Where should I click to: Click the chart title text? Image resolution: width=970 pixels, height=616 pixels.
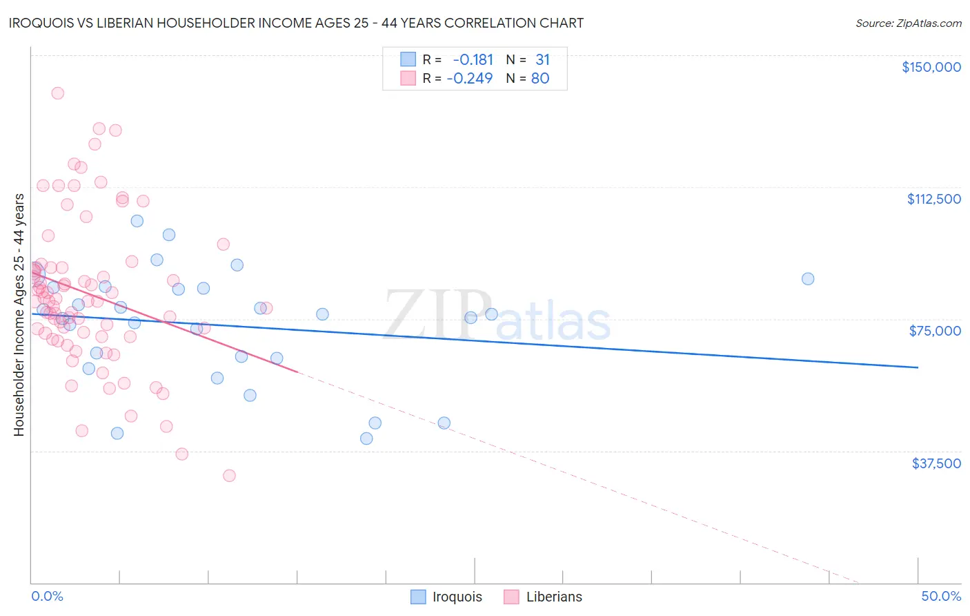pyautogui.click(x=296, y=23)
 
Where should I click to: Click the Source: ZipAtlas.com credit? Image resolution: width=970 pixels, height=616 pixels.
pyautogui.click(x=908, y=23)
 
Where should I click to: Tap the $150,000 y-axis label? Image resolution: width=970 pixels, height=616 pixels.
pyautogui.click(x=931, y=67)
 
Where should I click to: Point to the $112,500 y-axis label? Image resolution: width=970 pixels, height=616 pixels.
pyautogui.click(x=933, y=199)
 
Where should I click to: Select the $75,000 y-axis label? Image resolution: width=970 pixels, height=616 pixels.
pyautogui.click(x=935, y=331)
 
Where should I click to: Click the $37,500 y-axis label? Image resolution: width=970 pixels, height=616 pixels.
pyautogui.click(x=936, y=463)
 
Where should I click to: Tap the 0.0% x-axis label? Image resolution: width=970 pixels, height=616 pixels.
pyautogui.click(x=47, y=596)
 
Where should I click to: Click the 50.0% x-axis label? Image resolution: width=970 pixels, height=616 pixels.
pyautogui.click(x=940, y=596)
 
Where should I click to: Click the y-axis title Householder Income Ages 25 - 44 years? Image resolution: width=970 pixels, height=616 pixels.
pyautogui.click(x=19, y=315)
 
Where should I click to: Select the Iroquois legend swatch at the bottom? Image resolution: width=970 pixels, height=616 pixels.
pyautogui.click(x=418, y=597)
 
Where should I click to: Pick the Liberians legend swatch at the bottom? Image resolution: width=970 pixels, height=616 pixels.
pyautogui.click(x=511, y=597)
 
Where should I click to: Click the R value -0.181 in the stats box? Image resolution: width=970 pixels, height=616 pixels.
pyautogui.click(x=473, y=60)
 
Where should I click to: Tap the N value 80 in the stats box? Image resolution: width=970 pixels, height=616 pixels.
pyautogui.click(x=540, y=79)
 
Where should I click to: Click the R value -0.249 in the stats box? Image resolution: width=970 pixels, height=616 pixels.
pyautogui.click(x=470, y=79)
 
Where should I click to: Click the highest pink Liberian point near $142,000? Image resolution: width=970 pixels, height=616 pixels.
pyautogui.click(x=58, y=93)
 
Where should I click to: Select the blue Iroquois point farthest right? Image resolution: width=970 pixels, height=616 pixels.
pyautogui.click(x=808, y=279)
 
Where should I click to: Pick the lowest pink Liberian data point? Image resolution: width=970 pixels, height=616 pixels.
pyautogui.click(x=229, y=476)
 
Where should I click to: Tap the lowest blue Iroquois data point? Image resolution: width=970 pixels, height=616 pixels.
pyautogui.click(x=366, y=439)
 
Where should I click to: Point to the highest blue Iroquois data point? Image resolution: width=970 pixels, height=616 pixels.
pyautogui.click(x=137, y=221)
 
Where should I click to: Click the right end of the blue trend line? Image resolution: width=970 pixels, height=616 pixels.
pyautogui.click(x=918, y=367)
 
